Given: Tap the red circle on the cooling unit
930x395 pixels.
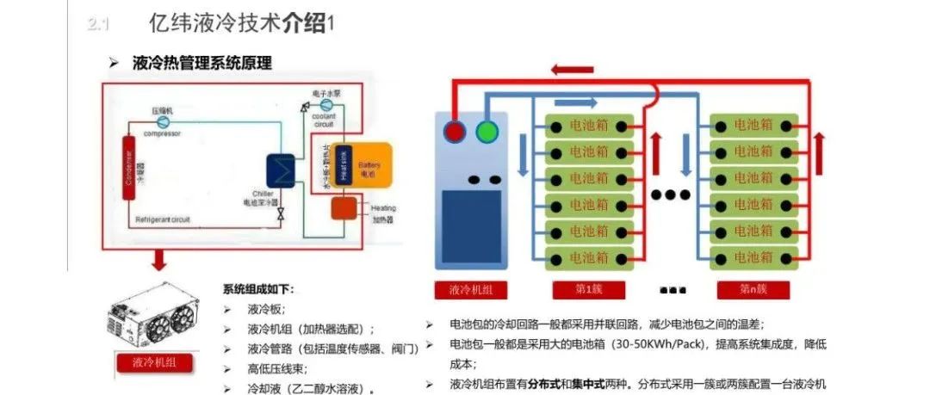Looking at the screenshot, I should click(x=456, y=133).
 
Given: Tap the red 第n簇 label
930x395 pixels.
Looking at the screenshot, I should click(x=753, y=288).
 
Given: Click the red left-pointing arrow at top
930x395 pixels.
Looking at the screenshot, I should click(x=573, y=69).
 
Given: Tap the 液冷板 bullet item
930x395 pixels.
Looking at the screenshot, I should click(x=266, y=309).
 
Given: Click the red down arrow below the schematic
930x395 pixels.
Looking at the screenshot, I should click(x=158, y=259).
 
